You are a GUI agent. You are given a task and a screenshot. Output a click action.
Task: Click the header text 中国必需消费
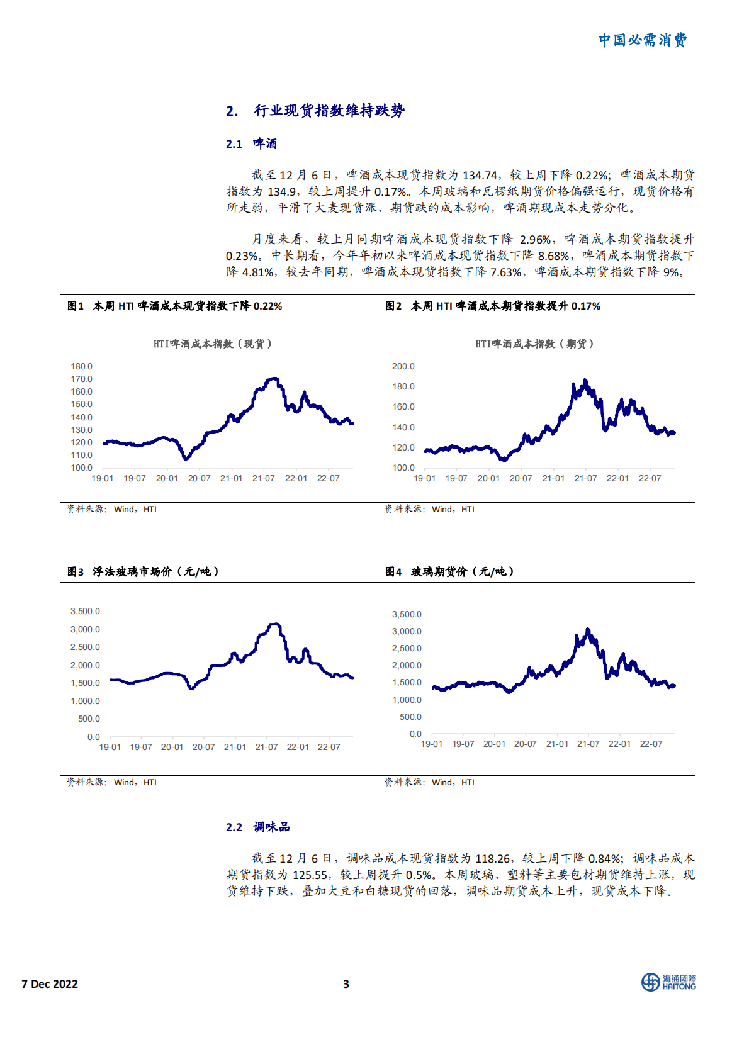click(642, 40)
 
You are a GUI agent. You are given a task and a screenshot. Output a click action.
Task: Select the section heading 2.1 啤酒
click(252, 144)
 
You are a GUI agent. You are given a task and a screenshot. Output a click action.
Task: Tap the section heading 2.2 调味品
click(258, 827)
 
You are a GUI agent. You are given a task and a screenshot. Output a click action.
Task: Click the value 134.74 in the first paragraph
click(480, 176)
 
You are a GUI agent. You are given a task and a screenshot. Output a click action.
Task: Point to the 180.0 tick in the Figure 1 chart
click(82, 366)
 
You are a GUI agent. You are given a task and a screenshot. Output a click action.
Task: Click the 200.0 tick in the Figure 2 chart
click(403, 366)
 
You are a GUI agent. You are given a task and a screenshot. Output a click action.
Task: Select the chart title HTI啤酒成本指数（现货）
click(213, 344)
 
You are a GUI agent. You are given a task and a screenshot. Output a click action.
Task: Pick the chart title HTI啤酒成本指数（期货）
click(534, 344)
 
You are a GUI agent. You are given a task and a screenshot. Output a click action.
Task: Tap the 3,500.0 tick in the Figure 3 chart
click(85, 611)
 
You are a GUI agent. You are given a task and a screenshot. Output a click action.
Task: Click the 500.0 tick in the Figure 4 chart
click(410, 717)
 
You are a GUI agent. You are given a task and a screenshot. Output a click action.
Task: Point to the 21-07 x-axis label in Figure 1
click(263, 478)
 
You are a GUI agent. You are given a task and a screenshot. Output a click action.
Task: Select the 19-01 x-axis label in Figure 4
click(432, 744)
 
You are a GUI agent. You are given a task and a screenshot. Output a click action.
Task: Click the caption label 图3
click(76, 571)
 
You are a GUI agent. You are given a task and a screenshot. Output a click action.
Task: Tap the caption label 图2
click(393, 306)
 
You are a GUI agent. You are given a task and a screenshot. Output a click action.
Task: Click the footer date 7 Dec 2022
click(50, 984)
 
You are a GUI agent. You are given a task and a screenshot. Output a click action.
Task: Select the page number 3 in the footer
click(346, 984)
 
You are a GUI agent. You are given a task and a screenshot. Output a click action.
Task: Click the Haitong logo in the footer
click(668, 982)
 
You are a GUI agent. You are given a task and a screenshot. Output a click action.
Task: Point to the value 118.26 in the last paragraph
click(492, 859)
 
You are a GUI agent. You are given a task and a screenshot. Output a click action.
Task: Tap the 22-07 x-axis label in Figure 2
click(650, 478)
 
